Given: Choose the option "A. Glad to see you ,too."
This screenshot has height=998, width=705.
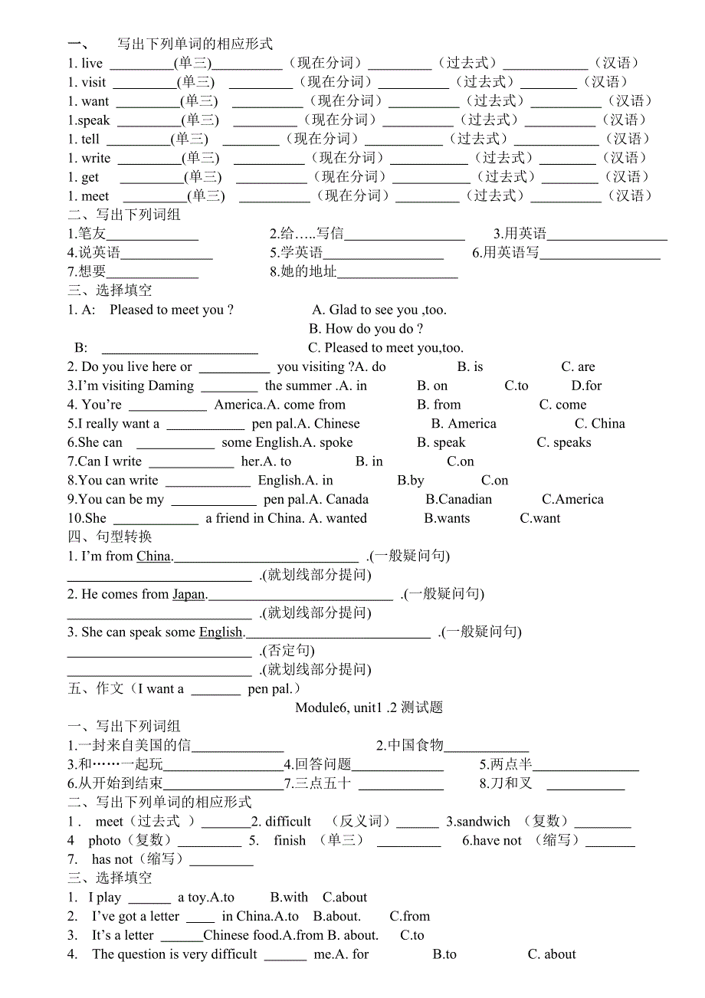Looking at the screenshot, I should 379,310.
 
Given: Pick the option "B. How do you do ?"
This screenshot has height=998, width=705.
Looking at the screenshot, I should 366,329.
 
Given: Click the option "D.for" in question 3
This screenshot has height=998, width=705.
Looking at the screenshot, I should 587,386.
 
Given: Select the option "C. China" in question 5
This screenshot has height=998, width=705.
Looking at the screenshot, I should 600,424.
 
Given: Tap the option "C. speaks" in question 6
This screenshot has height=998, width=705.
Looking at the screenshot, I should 564,442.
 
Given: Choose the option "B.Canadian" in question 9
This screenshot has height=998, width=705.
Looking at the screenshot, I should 459,500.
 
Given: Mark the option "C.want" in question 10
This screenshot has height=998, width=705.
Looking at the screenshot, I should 540,518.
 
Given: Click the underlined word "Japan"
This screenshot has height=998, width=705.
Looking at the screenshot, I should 189,594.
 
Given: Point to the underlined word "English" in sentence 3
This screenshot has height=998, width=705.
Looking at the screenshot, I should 221,632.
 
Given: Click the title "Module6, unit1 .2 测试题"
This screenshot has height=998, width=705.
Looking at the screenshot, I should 369,707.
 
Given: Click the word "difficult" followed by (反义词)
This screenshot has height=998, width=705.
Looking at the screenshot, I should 288,822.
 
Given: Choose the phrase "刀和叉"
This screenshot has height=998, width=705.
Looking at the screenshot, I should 515,783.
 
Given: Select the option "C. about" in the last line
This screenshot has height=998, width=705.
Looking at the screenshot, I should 552,954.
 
